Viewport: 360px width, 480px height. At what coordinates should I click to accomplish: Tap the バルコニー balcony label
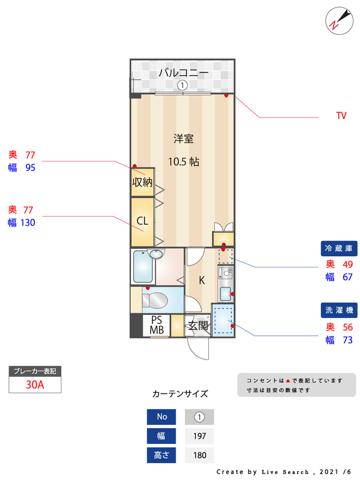(x=184, y=73)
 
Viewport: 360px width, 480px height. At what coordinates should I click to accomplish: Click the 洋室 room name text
(x=183, y=139)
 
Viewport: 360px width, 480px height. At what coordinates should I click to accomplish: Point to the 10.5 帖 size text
(x=183, y=161)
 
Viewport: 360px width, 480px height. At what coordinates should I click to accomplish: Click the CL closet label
(x=142, y=221)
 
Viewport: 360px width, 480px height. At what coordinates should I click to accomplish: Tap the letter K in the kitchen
(x=202, y=280)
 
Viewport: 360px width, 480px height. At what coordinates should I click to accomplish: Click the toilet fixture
(x=157, y=299)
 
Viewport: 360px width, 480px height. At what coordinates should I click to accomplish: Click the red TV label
(x=341, y=116)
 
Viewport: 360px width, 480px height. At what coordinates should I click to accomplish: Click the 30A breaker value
(x=35, y=385)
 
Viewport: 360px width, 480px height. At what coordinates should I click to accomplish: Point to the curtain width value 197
(x=199, y=436)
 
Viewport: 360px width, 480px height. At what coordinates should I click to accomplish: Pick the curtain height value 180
(x=199, y=455)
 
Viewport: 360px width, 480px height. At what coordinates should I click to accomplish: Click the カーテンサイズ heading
(x=180, y=394)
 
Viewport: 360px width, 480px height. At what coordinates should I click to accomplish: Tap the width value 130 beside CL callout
(x=28, y=223)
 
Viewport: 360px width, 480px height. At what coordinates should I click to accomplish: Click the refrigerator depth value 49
(x=347, y=264)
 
